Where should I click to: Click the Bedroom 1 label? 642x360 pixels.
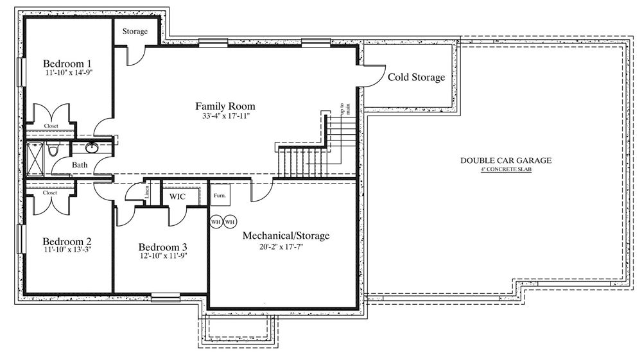point(67,64)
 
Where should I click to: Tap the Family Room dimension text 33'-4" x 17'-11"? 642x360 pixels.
point(225,116)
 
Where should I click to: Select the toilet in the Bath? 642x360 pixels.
point(53,149)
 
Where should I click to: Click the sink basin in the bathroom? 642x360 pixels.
point(91,147)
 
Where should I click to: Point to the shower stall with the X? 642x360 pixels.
point(35,159)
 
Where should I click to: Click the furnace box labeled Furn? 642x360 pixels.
point(220,194)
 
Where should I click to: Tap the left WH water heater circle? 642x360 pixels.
point(216,222)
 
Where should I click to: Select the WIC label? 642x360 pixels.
point(177,196)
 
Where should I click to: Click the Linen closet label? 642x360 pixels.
point(147,192)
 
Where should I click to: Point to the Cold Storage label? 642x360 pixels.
point(416,77)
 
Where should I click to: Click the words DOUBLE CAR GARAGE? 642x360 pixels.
point(506,160)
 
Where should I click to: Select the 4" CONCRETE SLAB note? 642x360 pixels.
point(506,169)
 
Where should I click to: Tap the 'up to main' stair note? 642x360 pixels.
point(345,109)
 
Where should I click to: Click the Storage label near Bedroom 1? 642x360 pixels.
point(135,31)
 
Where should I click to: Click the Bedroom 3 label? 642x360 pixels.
point(162,247)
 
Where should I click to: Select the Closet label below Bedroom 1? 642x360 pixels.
point(51,126)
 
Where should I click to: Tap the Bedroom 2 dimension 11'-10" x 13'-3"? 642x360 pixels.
point(67,249)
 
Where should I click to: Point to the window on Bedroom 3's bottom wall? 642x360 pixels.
point(166,297)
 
